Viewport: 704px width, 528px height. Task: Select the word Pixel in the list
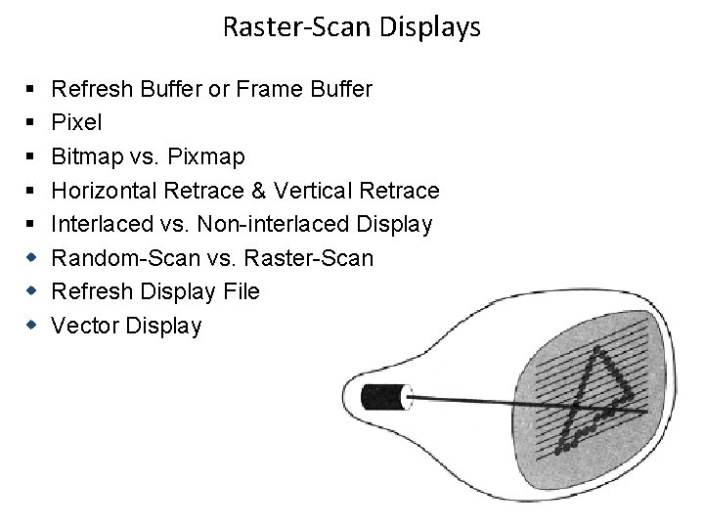(75, 122)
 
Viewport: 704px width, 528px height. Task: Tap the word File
(240, 291)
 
